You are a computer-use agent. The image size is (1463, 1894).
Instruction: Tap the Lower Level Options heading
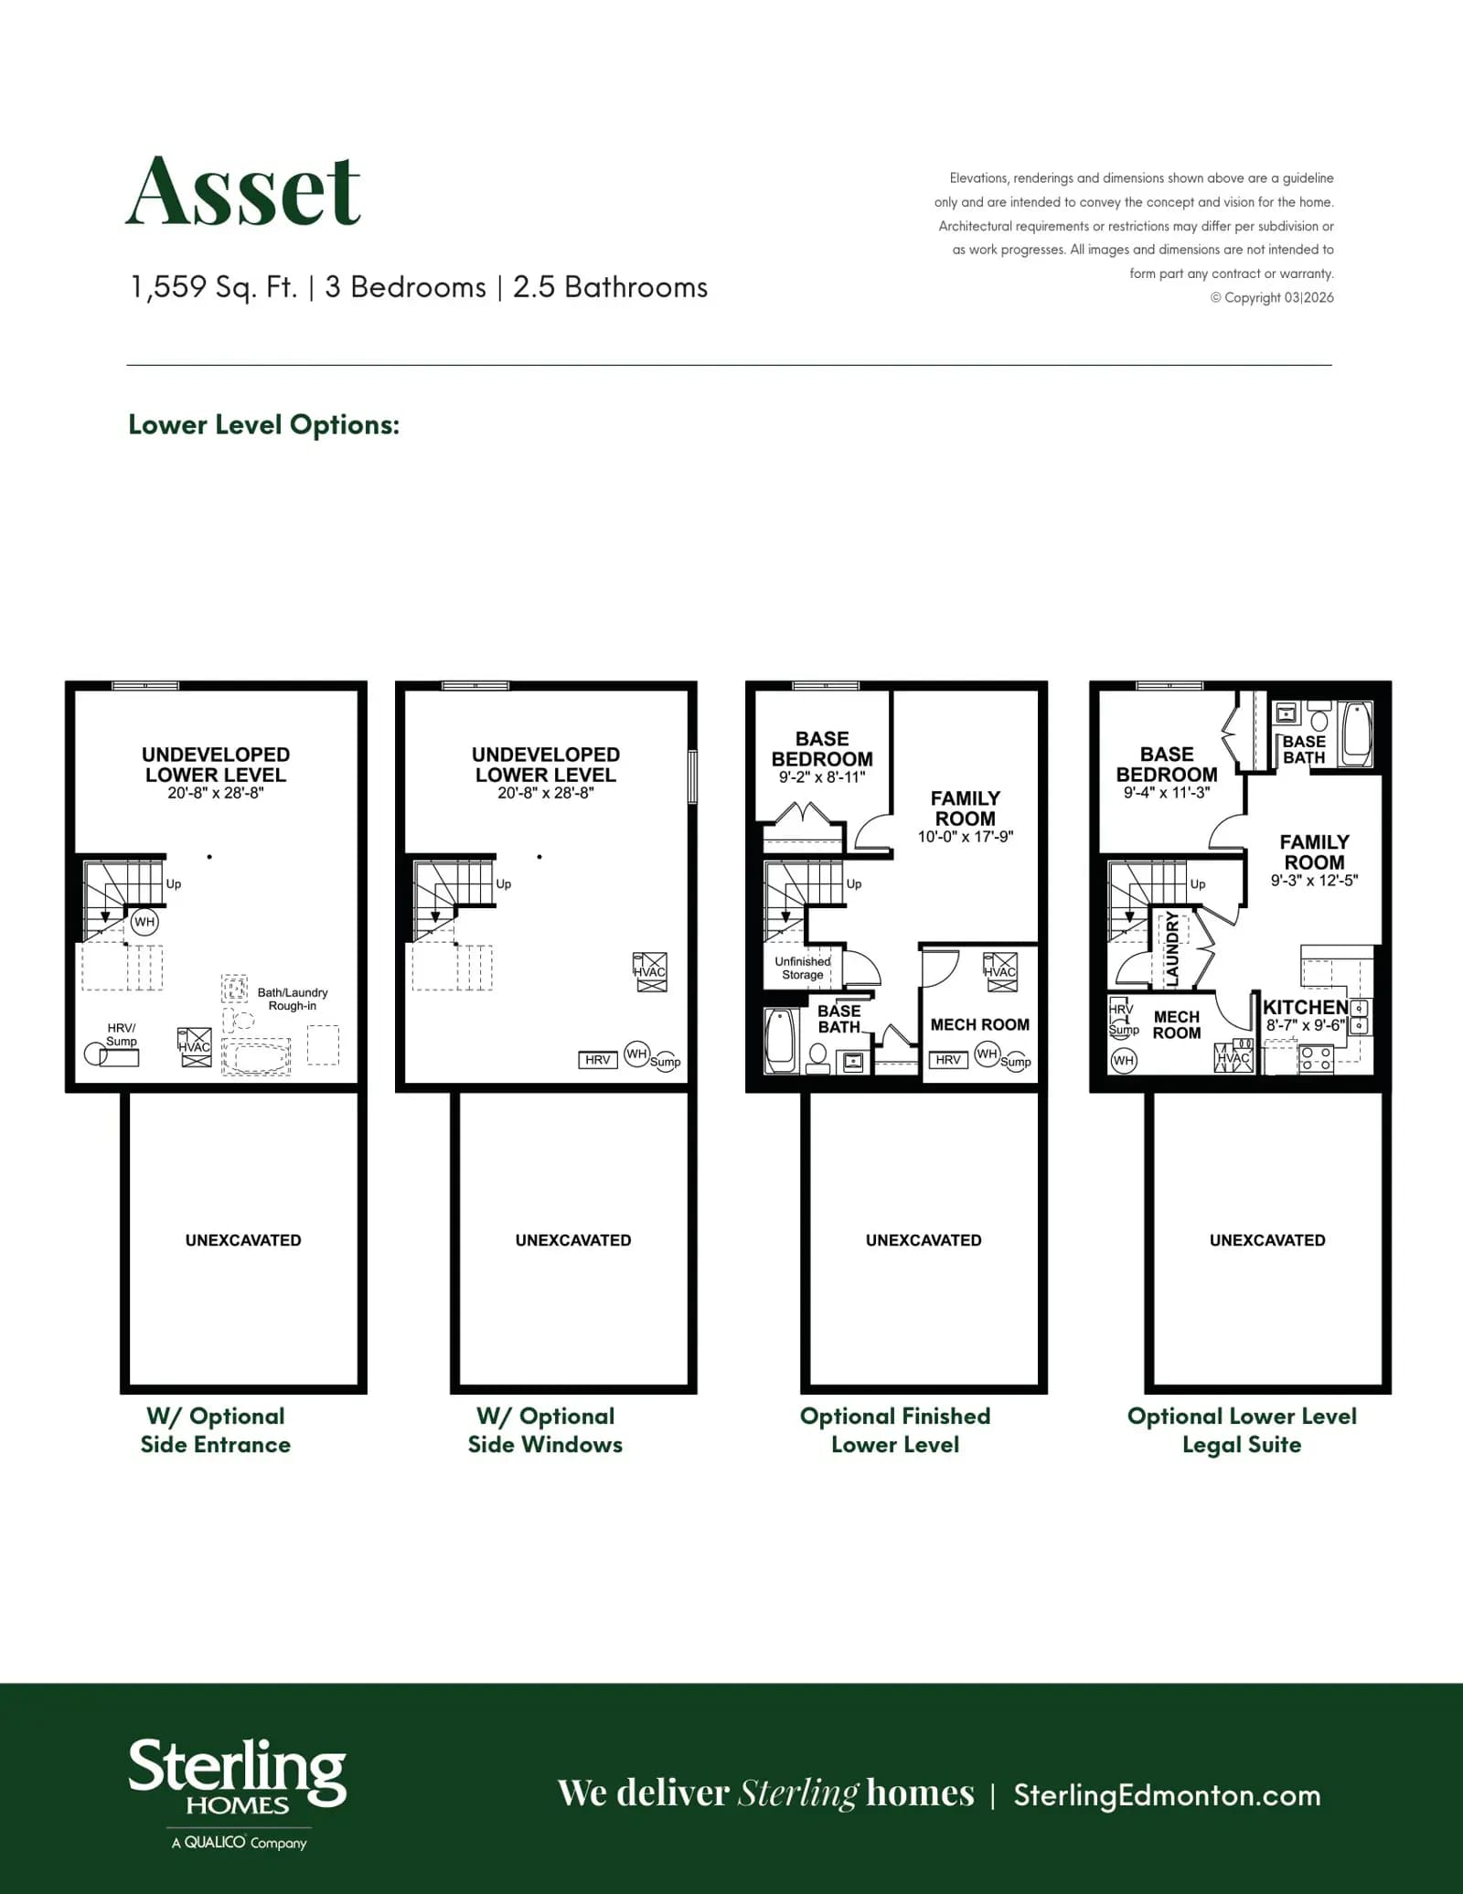tap(264, 424)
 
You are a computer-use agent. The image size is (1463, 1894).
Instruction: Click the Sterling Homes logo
tap(238, 1793)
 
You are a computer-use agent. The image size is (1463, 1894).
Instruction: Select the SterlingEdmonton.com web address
tap(1167, 1795)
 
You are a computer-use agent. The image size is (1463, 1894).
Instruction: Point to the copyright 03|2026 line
tap(1272, 297)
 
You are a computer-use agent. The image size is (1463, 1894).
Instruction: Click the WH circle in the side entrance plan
tap(144, 922)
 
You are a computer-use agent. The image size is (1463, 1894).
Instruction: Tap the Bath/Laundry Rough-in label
tap(293, 999)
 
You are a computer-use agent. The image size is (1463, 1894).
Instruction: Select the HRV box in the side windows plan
tap(598, 1060)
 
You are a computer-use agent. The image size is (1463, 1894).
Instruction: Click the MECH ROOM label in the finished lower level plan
tap(979, 1024)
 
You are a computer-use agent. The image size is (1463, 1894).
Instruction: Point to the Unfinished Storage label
tap(803, 968)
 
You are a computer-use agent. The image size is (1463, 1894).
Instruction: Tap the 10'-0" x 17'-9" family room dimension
tap(966, 836)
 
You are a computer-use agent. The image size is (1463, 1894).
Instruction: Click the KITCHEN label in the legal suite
tap(1305, 1007)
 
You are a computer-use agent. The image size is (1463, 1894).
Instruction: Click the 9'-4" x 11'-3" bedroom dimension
tap(1167, 793)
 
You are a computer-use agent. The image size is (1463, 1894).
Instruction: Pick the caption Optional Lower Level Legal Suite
tap(1242, 1430)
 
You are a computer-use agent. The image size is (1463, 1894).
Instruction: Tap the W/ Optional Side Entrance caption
tap(216, 1430)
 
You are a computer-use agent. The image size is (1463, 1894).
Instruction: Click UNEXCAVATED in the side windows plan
tap(573, 1240)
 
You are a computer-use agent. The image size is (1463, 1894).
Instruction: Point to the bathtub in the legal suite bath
tap(1356, 733)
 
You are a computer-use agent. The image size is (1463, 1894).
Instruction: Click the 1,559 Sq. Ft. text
tap(214, 287)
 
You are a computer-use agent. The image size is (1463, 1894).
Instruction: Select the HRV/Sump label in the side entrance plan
tap(122, 1034)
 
